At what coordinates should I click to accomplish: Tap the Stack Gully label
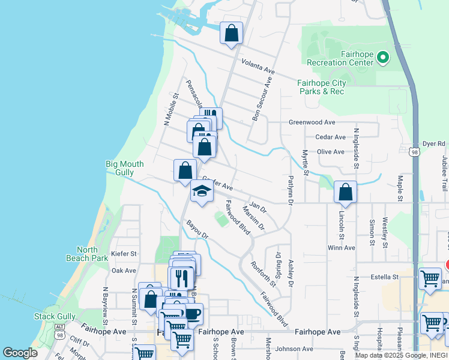(55, 316)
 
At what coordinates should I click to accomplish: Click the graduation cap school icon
(202, 192)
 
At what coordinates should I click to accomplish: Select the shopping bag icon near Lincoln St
(345, 192)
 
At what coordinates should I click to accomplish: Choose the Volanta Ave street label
(258, 67)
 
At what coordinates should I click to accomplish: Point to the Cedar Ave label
(331, 137)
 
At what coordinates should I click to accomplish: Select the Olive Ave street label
(330, 152)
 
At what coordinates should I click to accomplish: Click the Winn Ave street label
(341, 247)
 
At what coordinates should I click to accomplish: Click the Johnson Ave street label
(295, 349)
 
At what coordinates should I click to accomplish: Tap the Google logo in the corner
(20, 353)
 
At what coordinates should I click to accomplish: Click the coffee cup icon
(193, 313)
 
